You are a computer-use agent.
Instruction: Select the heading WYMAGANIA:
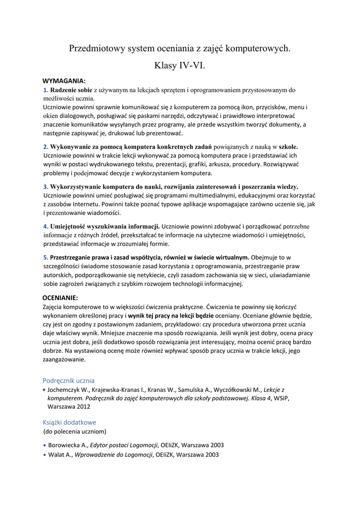pyautogui.click(x=64, y=81)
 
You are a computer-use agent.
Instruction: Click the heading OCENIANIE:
pyautogui.click(x=61, y=298)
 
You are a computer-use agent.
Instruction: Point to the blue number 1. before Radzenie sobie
pyautogui.click(x=46, y=90)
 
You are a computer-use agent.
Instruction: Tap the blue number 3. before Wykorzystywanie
pyautogui.click(x=46, y=187)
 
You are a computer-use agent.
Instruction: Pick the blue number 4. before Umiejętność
pyautogui.click(x=46, y=226)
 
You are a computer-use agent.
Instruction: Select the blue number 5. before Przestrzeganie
pyautogui.click(x=46, y=257)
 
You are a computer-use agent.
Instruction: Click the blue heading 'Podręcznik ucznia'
pyautogui.click(x=69, y=380)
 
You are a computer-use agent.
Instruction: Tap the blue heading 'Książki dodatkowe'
pyautogui.click(x=69, y=422)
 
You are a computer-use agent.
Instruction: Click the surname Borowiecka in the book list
pyautogui.click(x=66, y=444)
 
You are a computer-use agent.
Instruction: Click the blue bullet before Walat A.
pyautogui.click(x=45, y=454)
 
